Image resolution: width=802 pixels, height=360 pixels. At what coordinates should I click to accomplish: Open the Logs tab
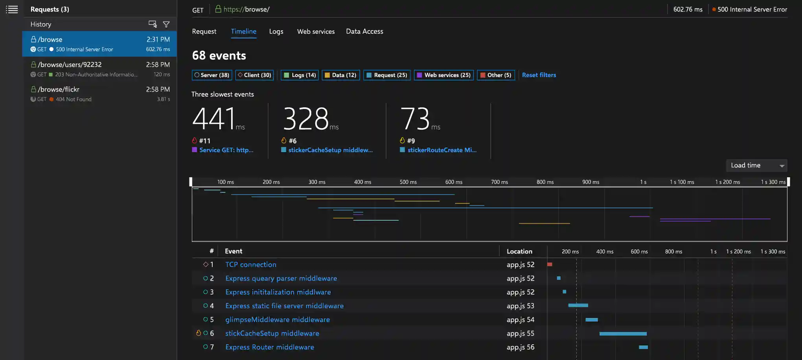(x=276, y=31)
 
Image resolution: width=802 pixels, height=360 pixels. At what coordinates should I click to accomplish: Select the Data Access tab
(x=364, y=31)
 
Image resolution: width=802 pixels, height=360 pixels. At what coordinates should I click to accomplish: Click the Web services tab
(x=316, y=31)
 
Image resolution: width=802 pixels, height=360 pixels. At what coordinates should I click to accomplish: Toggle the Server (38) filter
(x=212, y=75)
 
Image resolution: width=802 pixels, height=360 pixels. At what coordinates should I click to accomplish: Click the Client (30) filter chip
(x=254, y=75)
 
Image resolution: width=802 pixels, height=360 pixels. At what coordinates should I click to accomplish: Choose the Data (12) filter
(x=340, y=75)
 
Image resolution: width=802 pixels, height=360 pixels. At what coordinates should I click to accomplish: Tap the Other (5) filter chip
(x=496, y=75)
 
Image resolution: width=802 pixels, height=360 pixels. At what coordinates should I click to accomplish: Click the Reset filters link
(x=539, y=75)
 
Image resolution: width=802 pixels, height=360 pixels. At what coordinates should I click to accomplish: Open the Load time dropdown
(x=756, y=165)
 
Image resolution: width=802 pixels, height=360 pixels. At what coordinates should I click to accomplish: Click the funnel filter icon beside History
(x=166, y=24)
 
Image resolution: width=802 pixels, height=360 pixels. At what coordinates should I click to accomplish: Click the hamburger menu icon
(x=12, y=9)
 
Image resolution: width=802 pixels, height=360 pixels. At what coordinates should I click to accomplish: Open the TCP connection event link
(x=250, y=264)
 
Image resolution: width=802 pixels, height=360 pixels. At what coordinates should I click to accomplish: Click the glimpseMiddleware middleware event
(x=277, y=320)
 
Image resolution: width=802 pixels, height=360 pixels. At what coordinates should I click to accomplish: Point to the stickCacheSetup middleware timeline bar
(x=623, y=334)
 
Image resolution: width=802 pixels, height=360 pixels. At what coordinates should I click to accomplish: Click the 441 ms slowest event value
(x=214, y=119)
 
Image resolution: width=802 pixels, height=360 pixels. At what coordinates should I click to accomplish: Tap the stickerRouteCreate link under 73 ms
(x=441, y=150)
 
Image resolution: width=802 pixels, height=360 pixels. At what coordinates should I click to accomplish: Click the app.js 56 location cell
(x=520, y=347)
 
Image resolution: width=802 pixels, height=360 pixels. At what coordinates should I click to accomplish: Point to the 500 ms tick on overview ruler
(x=408, y=182)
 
